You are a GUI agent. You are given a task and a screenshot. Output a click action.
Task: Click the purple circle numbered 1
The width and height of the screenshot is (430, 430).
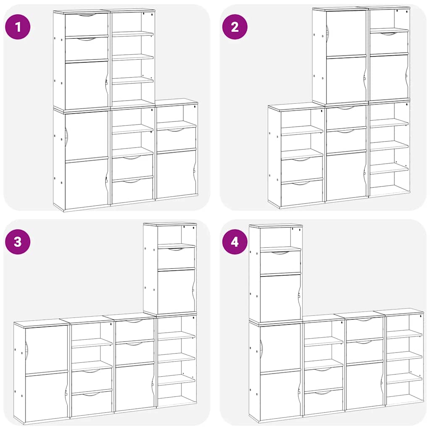pyautogui.click(x=18, y=27)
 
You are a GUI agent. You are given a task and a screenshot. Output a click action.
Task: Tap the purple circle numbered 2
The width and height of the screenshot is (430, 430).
pyautogui.click(x=235, y=27)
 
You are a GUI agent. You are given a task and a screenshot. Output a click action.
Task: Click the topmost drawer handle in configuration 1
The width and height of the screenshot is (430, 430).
pyautogui.click(x=87, y=15)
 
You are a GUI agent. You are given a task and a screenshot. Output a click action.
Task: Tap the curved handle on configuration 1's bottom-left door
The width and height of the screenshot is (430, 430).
pyautogui.click(x=66, y=137)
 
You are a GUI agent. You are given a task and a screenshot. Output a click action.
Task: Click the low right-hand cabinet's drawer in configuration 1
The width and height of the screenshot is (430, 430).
pyautogui.click(x=176, y=139)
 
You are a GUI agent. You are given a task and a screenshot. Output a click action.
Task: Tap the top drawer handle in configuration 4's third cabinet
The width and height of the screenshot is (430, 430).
pyautogui.click(x=364, y=320)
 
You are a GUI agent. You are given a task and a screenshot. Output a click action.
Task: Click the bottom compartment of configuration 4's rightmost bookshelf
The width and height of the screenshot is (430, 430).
pyautogui.click(x=404, y=393)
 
